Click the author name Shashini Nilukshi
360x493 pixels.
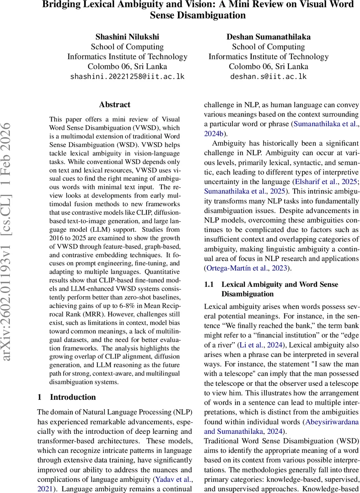[127, 37]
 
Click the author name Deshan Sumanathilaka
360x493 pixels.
[268, 37]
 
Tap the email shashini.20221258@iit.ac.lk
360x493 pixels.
[127, 76]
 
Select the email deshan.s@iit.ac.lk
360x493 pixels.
[268, 76]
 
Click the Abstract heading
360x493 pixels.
[115, 105]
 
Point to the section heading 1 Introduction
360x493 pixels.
[67, 397]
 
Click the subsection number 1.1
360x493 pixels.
[210, 284]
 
